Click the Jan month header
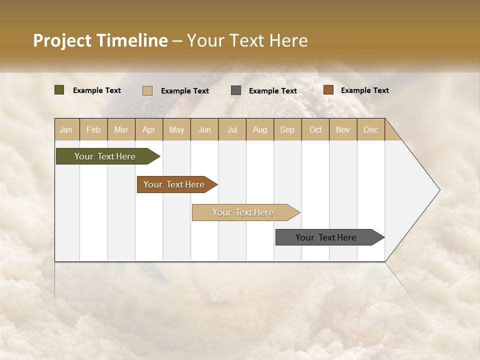(x=66, y=129)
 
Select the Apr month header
(x=148, y=129)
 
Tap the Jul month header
(x=232, y=129)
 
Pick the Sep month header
(x=287, y=129)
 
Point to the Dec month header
(x=370, y=129)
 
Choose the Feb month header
(x=93, y=129)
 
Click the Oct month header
(x=315, y=129)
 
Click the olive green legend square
(x=59, y=90)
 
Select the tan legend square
(x=147, y=90)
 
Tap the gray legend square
(x=236, y=90)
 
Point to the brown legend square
(x=328, y=90)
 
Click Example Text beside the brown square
(x=364, y=90)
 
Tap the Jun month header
(x=204, y=129)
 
